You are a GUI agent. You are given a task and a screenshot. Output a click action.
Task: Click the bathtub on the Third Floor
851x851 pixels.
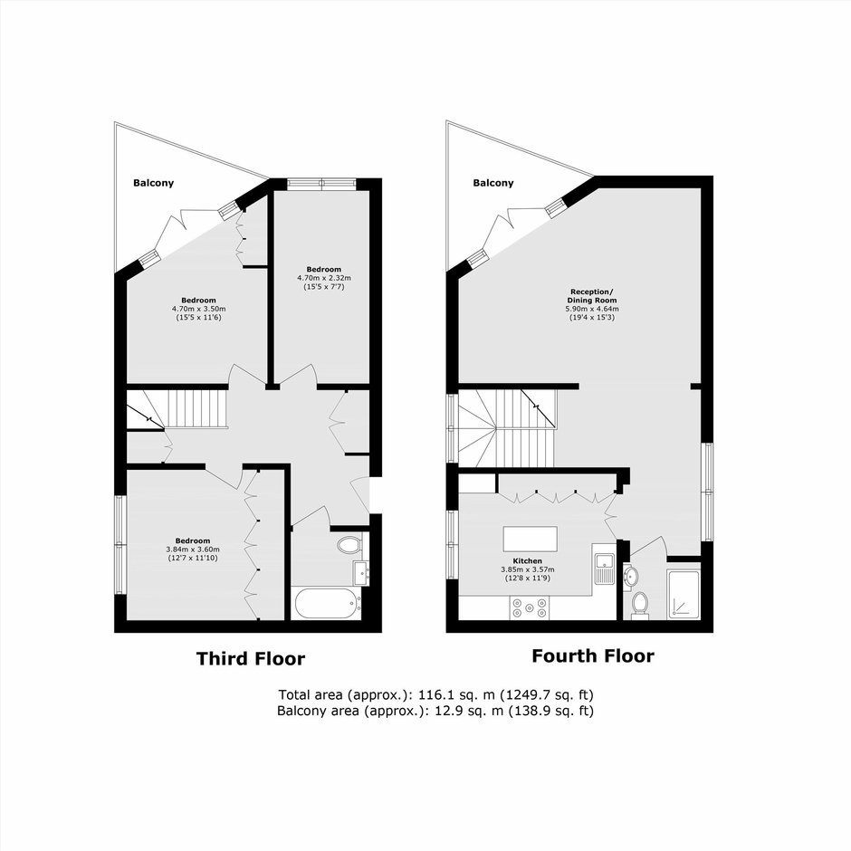pos(327,603)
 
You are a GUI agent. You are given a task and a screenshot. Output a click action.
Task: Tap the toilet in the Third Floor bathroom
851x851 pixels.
pos(349,545)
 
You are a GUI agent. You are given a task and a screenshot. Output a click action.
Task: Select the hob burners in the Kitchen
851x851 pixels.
pos(530,607)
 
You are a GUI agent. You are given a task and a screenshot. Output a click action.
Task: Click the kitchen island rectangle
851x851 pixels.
pos(531,539)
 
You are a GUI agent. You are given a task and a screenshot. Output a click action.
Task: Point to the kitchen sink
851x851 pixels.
pos(604,569)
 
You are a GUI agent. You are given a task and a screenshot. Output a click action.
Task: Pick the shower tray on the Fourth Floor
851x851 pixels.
pos(684,594)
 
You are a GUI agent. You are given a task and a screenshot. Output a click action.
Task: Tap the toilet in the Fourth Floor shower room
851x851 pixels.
pos(640,604)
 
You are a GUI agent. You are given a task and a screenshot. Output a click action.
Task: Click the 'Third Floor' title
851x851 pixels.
pos(251,659)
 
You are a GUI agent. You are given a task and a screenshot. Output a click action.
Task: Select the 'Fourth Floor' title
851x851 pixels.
pos(593,656)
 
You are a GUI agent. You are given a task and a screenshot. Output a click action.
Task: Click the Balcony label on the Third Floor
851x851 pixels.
pos(154,183)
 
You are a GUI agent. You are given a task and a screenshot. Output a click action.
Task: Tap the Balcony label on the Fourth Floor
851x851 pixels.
pos(492,183)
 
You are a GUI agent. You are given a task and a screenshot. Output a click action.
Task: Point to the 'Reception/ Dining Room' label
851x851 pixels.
pos(592,296)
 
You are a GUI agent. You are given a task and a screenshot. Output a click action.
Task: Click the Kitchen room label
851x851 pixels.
pos(528,561)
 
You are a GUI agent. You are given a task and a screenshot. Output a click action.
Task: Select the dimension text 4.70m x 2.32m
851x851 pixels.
pos(324,278)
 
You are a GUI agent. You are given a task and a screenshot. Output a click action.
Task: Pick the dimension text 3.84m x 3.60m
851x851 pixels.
pos(193,550)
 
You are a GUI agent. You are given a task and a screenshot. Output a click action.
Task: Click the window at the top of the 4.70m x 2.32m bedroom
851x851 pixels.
pos(321,184)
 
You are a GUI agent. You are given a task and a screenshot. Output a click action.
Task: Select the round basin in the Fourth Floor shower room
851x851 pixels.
pos(630,576)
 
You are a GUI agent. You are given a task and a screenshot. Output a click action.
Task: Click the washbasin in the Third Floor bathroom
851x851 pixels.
pos(361,573)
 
